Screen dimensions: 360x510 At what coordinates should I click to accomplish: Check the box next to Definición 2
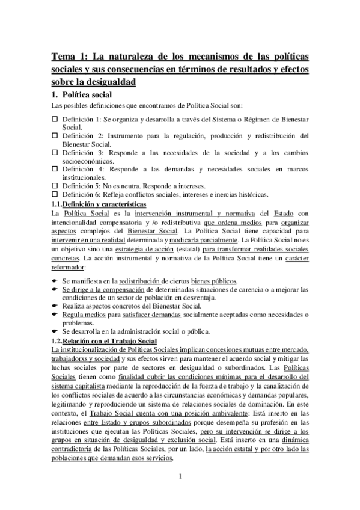point(54,136)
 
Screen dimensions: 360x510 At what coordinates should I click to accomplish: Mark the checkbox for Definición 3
point(54,153)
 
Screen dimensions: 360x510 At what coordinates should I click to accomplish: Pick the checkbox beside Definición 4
point(54,170)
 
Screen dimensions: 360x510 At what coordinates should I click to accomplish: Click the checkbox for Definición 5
point(54,186)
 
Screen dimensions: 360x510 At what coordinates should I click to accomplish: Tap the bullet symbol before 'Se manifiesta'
point(54,281)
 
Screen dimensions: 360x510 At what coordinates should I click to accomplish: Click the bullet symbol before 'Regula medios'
point(54,315)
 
